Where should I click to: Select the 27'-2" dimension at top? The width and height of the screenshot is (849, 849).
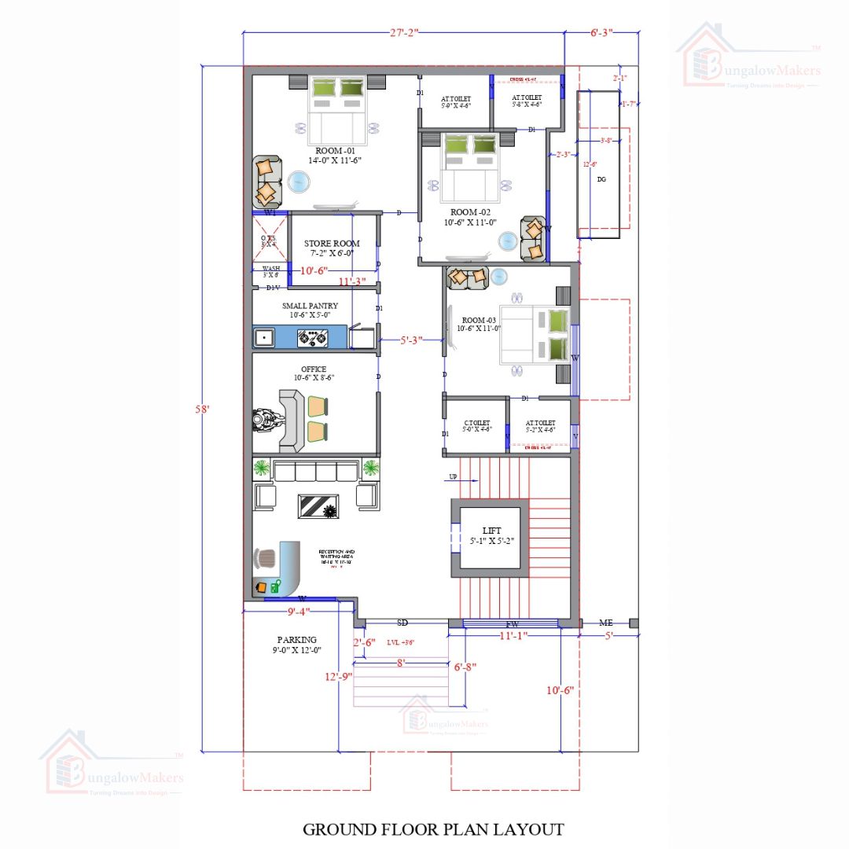(404, 32)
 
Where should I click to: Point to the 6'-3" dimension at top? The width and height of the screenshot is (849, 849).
(601, 32)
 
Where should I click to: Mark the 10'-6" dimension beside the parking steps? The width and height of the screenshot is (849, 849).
(560, 690)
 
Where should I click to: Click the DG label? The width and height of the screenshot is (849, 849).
(601, 179)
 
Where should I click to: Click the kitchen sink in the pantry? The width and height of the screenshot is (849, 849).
(264, 338)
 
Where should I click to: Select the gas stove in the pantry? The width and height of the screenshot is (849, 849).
(311, 338)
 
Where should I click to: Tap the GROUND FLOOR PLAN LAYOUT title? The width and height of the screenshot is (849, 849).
(433, 829)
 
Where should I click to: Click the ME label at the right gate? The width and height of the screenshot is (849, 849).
(605, 623)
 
